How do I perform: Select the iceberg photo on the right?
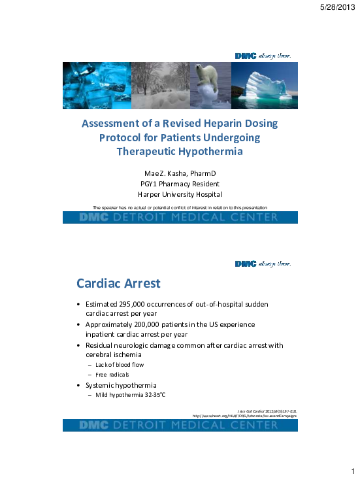[x=262, y=85]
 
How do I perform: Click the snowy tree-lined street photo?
[x=160, y=85]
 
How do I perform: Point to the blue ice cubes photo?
[x=96, y=85]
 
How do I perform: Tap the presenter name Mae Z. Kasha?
[x=180, y=172]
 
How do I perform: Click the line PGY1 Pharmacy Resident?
[x=180, y=183]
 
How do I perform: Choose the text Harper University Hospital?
[x=180, y=194]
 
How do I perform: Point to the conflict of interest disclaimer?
[x=180, y=207]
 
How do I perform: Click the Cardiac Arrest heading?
[x=118, y=284]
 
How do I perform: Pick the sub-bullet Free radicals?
[x=114, y=374]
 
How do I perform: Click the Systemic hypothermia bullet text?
[x=121, y=384]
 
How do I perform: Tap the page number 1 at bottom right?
[x=352, y=470]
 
